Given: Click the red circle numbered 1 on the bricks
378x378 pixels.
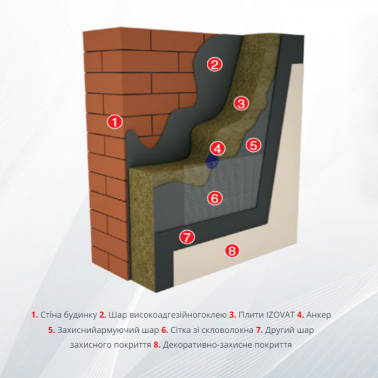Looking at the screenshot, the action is click(115, 122).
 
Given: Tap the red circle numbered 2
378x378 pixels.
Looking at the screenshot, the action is click(214, 64).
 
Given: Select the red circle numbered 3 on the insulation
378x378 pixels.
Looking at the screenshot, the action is click(241, 103).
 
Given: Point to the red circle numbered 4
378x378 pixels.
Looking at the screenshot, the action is click(217, 148).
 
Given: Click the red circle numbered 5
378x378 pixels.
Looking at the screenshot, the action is click(253, 145).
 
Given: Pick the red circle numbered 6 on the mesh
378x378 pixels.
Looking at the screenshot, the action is click(215, 198).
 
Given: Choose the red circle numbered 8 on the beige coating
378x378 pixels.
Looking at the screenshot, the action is click(232, 250).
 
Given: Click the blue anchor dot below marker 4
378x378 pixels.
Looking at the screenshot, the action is click(213, 161).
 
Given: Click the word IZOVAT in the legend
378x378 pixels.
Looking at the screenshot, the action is click(280, 315).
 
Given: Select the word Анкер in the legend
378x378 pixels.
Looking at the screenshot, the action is click(319, 315).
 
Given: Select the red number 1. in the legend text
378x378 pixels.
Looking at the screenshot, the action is click(35, 315).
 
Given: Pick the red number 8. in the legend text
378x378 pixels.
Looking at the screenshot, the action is click(157, 345).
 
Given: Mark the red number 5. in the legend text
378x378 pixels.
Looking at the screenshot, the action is click(52, 330).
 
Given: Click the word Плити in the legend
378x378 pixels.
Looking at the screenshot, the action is click(251, 315).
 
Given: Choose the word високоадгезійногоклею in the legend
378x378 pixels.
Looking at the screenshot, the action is click(168, 315).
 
